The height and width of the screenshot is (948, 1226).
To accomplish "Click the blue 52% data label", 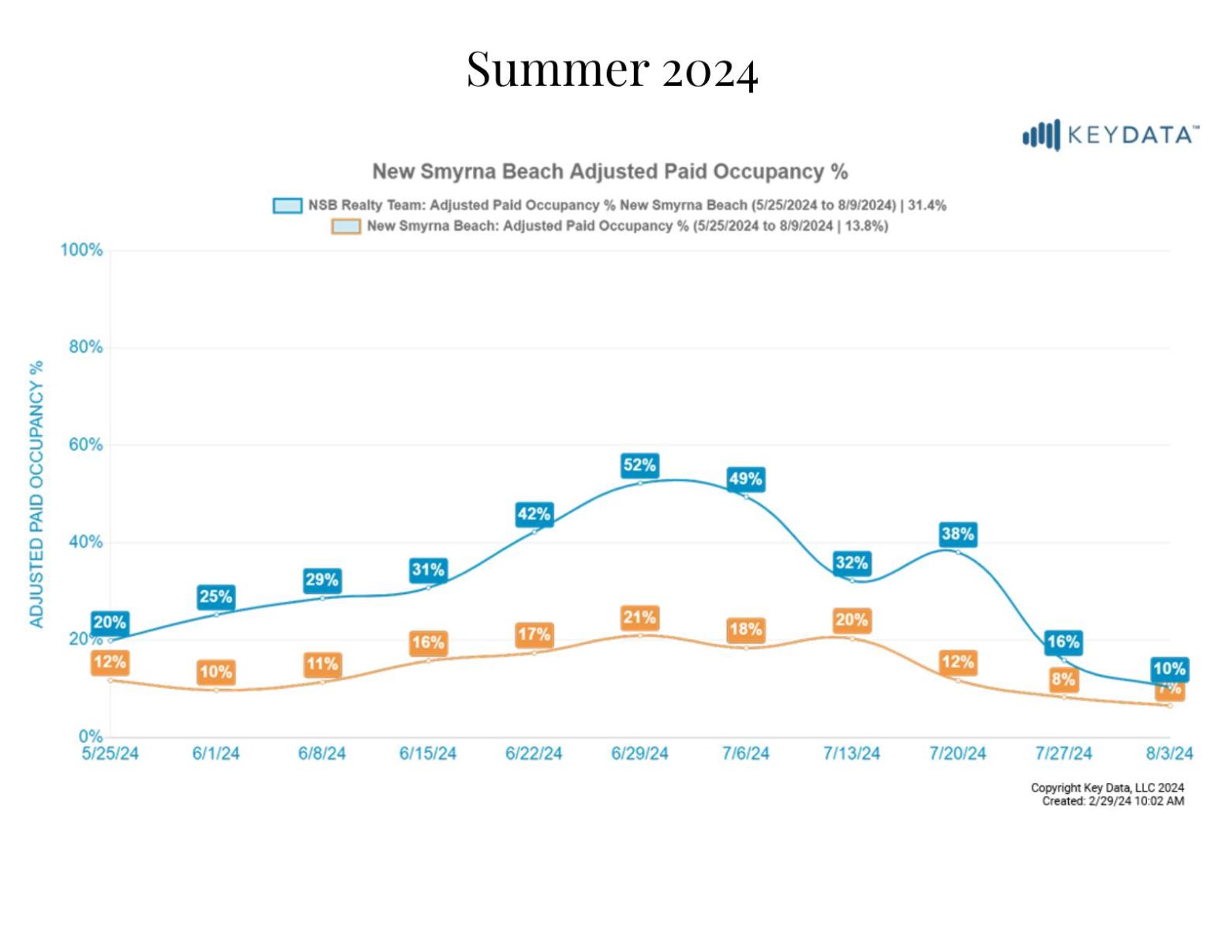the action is point(639,465).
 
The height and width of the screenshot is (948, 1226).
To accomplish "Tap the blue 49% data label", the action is point(745,480).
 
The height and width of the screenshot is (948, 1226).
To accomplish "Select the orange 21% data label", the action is point(639,618).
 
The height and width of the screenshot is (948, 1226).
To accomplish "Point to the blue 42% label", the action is point(534,514).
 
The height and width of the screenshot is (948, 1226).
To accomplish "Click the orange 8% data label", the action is point(1063,679).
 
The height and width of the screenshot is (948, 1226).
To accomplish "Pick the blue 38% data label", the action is point(958,534).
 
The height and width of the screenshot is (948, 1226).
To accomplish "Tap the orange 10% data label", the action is point(216,672).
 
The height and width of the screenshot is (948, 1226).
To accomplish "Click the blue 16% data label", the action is point(1063,642).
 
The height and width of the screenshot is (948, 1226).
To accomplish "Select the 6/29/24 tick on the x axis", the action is point(639,754).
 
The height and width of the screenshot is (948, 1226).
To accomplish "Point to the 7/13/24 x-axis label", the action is point(851,754).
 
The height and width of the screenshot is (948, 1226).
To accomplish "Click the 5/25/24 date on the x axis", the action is point(110,754).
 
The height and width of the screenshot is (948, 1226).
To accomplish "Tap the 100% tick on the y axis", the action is point(82,250).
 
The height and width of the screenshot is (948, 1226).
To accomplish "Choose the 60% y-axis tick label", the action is point(86,445).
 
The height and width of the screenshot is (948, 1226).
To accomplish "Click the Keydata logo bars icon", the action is point(1041,136).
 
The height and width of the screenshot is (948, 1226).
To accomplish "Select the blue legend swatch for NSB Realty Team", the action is point(287,205).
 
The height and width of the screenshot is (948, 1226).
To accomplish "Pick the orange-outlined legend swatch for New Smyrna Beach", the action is point(346,227).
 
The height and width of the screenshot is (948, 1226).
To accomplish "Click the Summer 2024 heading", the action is point(612,69).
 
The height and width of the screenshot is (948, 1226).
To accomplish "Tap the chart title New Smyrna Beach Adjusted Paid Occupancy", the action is point(610,171).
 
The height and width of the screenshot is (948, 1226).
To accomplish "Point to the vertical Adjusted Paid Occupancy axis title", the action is point(36,494).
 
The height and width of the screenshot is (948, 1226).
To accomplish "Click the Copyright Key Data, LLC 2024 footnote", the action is point(1107,788).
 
